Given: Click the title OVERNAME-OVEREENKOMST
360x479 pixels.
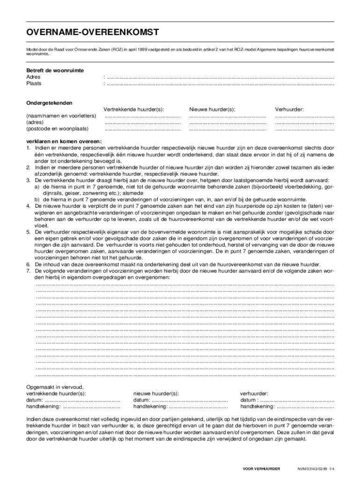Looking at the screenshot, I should (93, 32).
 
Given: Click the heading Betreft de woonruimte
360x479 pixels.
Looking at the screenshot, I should (55, 71).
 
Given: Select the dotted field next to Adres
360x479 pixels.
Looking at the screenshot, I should (220, 77).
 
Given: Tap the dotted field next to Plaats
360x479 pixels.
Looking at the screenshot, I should (220, 84).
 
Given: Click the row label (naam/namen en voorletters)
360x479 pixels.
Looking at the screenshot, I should (61, 116).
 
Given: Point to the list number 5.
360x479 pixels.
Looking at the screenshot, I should (28, 232).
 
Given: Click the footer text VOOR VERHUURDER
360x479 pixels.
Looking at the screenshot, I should (264, 468).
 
